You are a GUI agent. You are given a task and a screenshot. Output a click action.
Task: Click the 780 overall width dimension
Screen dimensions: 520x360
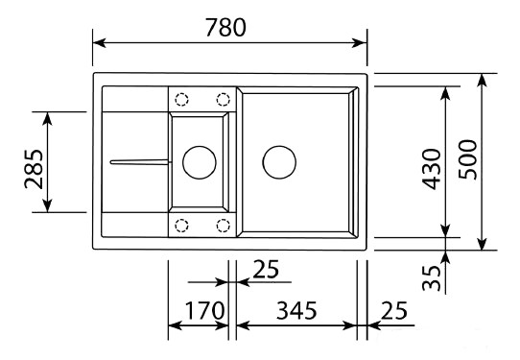coord(225,27)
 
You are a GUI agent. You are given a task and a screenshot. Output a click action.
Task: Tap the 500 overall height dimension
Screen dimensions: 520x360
coord(467,159)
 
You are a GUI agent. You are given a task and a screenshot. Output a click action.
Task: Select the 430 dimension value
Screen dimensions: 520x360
coord(432,169)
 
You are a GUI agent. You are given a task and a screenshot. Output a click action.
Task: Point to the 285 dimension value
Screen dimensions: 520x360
coord(34,169)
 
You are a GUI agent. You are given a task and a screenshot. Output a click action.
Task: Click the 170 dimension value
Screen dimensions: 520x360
coord(204,311)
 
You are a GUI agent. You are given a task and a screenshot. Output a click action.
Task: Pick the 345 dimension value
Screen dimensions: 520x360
coord(296,311)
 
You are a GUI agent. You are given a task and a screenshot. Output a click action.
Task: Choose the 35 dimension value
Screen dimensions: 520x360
coord(432,278)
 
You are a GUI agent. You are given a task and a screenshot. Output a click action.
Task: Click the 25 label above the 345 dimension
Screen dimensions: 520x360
coord(266,269)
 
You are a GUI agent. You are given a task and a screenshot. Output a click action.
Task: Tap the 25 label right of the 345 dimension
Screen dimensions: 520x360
coord(393,311)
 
